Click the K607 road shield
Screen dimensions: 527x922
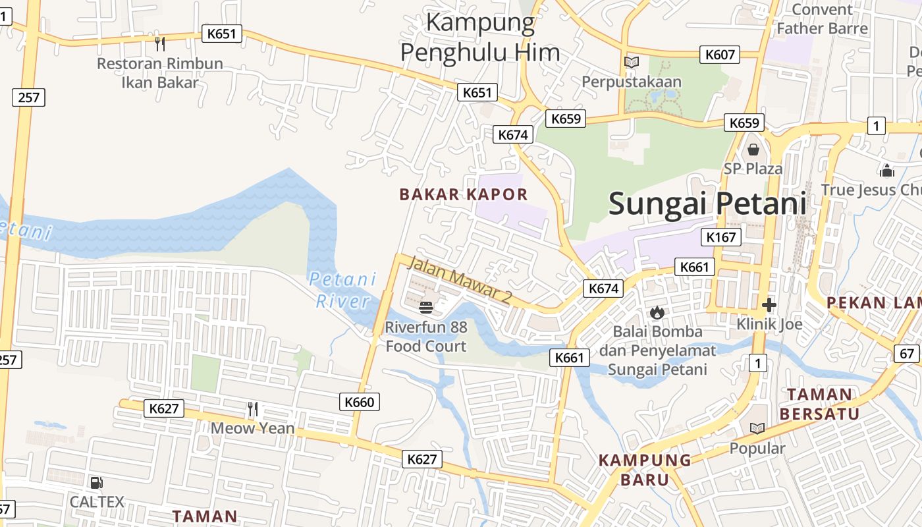click(x=720, y=55)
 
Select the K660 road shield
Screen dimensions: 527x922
click(x=359, y=402)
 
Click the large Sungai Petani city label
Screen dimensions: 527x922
click(x=707, y=203)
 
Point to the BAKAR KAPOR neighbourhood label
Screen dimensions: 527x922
click(x=464, y=194)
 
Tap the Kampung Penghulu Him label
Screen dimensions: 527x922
click(x=480, y=38)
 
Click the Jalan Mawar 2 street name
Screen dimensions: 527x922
click(x=460, y=280)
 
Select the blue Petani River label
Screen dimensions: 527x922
click(x=342, y=290)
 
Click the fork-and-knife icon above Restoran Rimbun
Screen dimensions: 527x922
click(x=159, y=44)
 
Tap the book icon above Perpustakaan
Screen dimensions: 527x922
click(x=631, y=62)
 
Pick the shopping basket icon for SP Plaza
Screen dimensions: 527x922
click(x=753, y=150)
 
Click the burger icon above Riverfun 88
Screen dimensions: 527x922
click(x=426, y=307)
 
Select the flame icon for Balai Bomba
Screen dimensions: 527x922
click(x=657, y=312)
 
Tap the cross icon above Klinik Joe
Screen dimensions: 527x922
click(x=769, y=305)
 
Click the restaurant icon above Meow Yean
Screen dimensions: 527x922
click(x=252, y=409)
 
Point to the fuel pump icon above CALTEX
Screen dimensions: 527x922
click(x=96, y=483)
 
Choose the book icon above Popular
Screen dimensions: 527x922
click(x=757, y=429)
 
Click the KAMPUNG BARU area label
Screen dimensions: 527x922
click(x=644, y=469)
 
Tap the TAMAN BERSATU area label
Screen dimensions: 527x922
click(x=819, y=404)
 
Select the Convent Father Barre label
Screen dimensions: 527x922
click(x=822, y=19)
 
